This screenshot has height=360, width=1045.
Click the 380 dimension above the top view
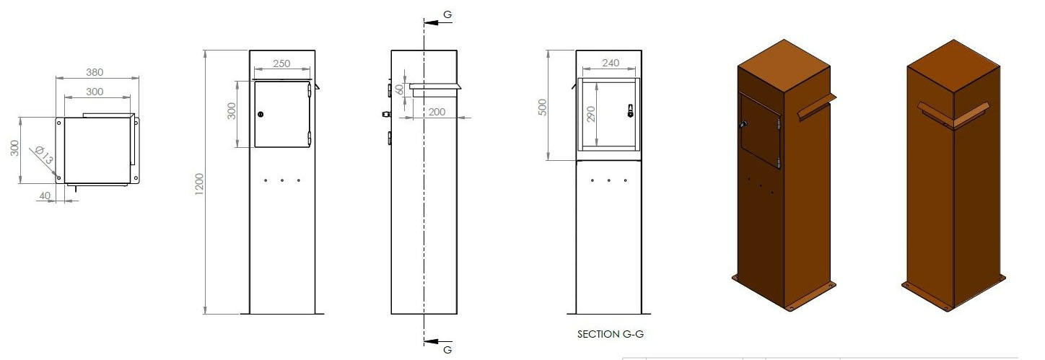coord(95,72)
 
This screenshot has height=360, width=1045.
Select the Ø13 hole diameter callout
coord(43,155)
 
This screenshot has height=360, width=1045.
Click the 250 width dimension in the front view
coord(281,64)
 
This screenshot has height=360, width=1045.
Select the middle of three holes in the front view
coord(282,180)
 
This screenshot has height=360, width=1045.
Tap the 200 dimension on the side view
coord(436,112)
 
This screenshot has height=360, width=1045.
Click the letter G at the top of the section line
coord(447,14)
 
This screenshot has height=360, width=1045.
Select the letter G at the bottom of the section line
coord(447,349)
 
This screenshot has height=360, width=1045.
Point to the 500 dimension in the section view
coord(543,106)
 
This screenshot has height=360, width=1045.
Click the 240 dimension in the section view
coord(610,63)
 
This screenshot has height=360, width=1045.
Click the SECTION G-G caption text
coord(608,335)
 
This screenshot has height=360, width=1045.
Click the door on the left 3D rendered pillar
coord(759,130)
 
